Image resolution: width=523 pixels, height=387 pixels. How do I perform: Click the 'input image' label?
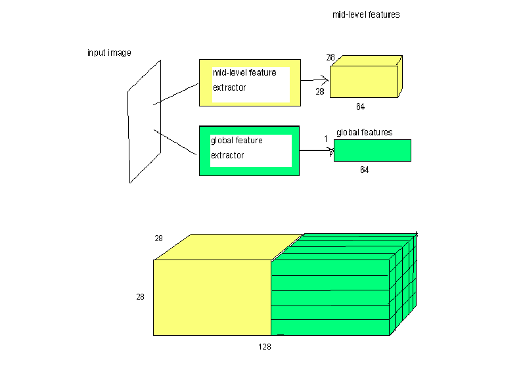click(109, 53)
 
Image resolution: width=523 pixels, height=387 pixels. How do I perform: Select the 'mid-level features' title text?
click(366, 14)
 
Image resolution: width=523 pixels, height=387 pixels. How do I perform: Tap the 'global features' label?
click(364, 133)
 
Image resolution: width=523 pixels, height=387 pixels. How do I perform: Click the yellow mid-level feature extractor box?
click(250, 83)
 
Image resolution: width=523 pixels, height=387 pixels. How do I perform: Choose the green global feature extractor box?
click(249, 151)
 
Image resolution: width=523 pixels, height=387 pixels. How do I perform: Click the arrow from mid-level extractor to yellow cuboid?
click(315, 80)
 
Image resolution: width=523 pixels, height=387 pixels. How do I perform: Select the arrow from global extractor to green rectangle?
click(317, 150)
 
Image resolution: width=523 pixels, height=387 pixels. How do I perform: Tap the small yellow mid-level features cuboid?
click(366, 77)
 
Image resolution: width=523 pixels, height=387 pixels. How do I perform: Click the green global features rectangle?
click(373, 150)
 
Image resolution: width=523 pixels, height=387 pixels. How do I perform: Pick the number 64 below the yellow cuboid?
click(360, 106)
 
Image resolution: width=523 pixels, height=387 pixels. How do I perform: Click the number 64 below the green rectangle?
click(364, 170)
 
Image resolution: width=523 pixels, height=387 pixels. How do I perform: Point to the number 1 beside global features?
click(325, 139)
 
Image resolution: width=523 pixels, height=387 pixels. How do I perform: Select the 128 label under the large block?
click(265, 347)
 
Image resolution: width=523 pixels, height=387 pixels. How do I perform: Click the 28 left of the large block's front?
click(140, 297)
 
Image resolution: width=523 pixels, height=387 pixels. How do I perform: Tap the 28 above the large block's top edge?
click(158, 239)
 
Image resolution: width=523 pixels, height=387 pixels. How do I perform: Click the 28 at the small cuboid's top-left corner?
click(330, 58)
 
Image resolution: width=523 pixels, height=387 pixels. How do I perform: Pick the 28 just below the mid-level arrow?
click(319, 91)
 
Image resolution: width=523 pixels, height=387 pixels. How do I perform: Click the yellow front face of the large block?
click(212, 298)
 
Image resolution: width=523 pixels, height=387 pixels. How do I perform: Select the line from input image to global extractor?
click(175, 142)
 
